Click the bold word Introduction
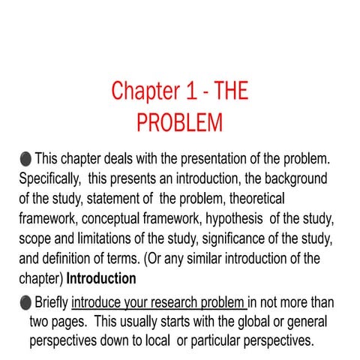pyautogui.click(x=101, y=278)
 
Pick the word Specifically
pyautogui.click(x=47, y=180)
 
